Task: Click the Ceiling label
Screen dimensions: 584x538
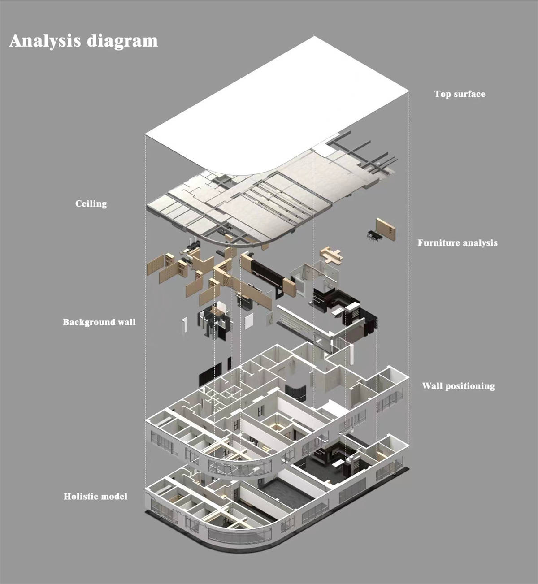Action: pyautogui.click(x=91, y=204)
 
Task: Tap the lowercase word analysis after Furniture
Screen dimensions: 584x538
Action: pyautogui.click(x=480, y=243)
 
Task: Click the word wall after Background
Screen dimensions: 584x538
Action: pyautogui.click(x=126, y=322)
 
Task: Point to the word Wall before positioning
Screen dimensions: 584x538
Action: pyautogui.click(x=432, y=386)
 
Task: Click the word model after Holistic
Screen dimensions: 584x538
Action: pyautogui.click(x=116, y=497)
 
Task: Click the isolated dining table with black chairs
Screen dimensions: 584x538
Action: pyautogui.click(x=374, y=235)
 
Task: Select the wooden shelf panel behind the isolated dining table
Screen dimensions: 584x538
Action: pyautogui.click(x=386, y=229)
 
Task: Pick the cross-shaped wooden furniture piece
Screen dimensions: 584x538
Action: pyautogui.click(x=332, y=255)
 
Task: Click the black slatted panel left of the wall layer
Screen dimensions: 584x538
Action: pyautogui.click(x=210, y=375)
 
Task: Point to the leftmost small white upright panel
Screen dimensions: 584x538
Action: pyautogui.click(x=184, y=324)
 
